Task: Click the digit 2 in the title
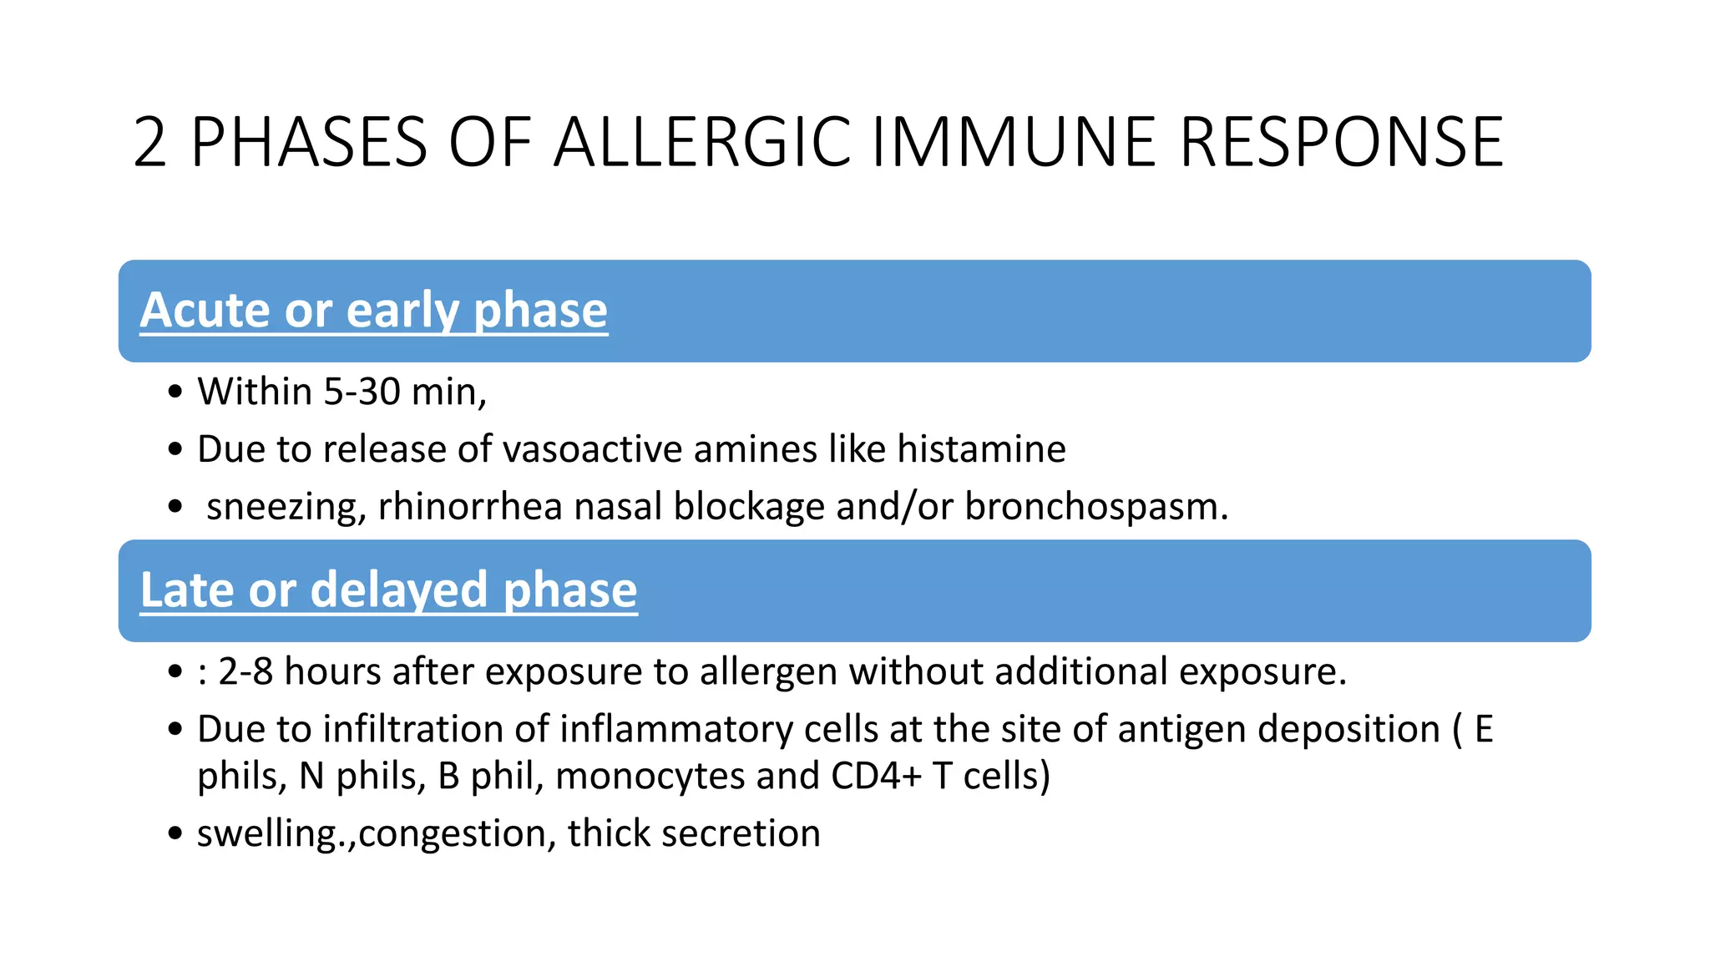[150, 143]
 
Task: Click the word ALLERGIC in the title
[701, 143]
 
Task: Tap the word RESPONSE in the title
[1341, 143]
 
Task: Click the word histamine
[981, 449]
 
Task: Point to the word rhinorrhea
[470, 507]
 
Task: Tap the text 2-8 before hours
[245, 671]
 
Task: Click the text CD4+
[876, 776]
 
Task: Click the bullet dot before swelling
[175, 833]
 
